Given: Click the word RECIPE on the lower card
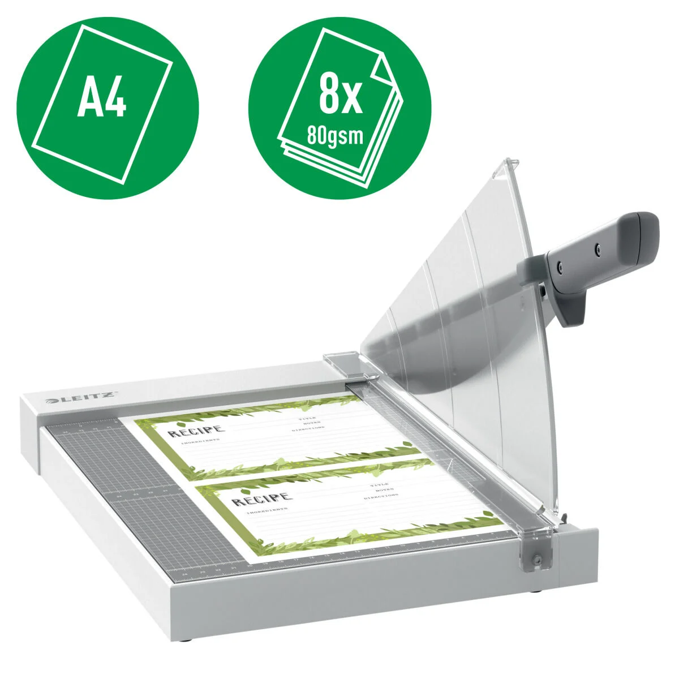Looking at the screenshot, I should (x=262, y=499).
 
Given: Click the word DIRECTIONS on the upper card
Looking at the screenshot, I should (x=308, y=429).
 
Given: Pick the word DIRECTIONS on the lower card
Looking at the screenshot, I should (x=381, y=496).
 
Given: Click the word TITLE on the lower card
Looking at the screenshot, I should (x=379, y=485).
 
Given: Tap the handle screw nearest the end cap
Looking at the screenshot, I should (x=598, y=247).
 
